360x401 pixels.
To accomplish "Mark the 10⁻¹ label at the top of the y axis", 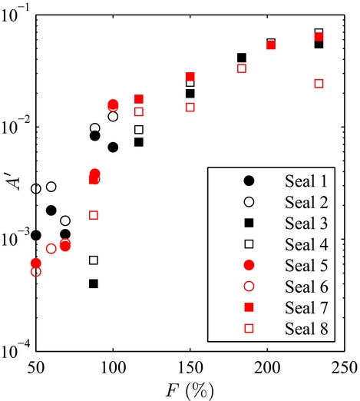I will coord(16,14).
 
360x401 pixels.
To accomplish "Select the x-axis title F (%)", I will coord(189,388).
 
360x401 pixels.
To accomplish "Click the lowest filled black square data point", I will coord(94,283).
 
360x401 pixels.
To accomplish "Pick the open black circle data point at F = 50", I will coord(36,188).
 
